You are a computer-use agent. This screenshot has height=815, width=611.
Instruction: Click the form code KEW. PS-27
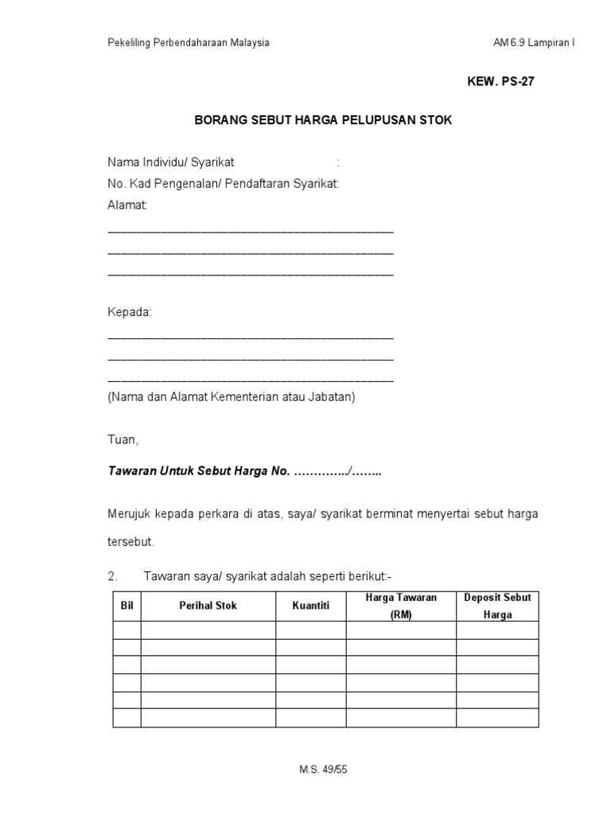tap(494, 82)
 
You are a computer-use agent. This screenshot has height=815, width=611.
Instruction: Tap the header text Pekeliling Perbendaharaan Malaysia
tap(189, 43)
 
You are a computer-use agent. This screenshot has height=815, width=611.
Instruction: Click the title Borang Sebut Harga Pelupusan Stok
tap(323, 121)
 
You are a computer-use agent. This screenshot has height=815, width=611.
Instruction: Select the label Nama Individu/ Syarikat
tap(171, 162)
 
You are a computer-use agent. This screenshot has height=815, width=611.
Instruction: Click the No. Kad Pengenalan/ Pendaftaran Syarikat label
tap(224, 184)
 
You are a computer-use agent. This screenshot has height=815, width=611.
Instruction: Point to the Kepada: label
tap(130, 312)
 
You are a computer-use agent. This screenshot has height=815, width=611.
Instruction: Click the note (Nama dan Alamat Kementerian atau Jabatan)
tap(232, 397)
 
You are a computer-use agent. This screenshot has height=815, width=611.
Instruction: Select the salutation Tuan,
tap(123, 439)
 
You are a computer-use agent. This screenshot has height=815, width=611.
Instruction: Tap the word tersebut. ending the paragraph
tap(130, 541)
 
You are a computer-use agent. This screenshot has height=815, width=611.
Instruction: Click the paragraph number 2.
tap(112, 575)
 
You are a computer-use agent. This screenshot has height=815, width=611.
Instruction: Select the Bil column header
tap(126, 606)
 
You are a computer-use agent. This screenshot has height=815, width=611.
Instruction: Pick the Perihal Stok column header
tap(208, 606)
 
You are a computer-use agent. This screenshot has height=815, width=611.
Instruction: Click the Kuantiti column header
tap(310, 606)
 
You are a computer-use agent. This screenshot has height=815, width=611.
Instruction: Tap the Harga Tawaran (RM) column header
tap(401, 606)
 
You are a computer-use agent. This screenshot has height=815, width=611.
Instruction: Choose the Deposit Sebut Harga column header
tap(497, 606)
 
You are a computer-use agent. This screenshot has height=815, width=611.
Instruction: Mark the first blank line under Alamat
tap(250, 230)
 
